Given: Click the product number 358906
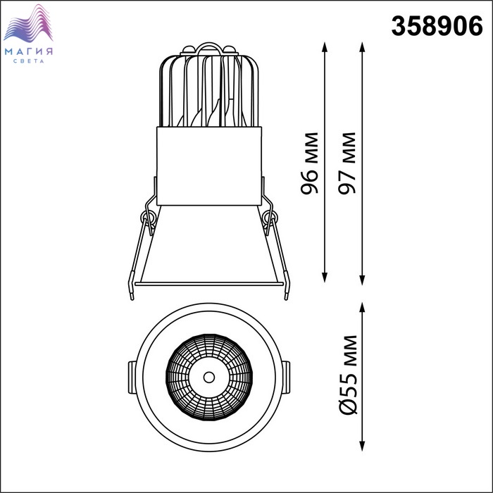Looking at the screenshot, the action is coord(437,26).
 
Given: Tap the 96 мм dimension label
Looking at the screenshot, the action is coord(310,163).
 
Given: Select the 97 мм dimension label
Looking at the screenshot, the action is coord(347,163).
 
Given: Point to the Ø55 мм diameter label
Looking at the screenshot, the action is coord(349,375).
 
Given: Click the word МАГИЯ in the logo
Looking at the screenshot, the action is coord(29,51).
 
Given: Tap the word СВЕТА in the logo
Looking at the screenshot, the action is coord(29,61).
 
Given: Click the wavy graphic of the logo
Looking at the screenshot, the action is coord(28,23).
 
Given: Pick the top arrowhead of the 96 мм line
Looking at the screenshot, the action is coord(325,47).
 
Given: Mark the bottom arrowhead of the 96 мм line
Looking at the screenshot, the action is coord(325,277).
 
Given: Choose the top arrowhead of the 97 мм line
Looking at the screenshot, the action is coord(362,47).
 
